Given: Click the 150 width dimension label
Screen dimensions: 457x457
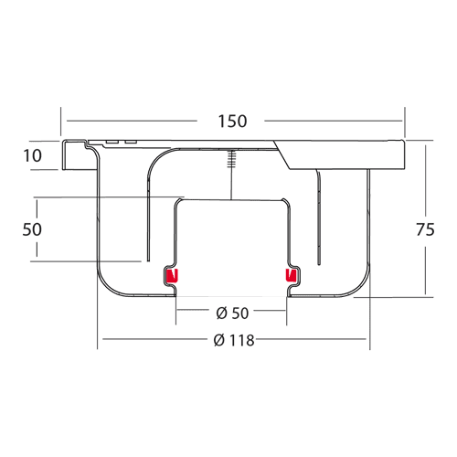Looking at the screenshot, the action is [232, 122].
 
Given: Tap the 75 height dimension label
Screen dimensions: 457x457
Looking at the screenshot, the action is [425, 229].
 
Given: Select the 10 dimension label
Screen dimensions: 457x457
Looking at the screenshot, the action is [32, 155].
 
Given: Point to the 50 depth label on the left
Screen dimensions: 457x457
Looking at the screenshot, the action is [32, 229].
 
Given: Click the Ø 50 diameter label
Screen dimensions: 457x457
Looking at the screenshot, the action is [232, 313].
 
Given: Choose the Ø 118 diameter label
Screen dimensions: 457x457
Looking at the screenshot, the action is [234, 340].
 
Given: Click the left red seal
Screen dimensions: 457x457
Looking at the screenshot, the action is [172, 276].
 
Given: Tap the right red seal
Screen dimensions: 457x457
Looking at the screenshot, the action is [291, 275].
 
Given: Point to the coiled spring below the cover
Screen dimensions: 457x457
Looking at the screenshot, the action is [232, 159].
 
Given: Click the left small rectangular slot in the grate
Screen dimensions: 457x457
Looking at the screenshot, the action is [112, 143].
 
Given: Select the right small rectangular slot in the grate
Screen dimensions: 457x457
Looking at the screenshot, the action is [131, 143].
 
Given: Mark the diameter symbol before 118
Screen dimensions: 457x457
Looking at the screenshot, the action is [219, 340].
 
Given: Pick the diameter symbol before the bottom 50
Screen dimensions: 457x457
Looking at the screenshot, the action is [222, 313].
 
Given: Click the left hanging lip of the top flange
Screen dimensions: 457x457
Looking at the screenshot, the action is [64, 155].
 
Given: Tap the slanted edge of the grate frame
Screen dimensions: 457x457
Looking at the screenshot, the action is [282, 154].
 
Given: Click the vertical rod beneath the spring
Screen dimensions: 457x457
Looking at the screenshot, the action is [231, 184].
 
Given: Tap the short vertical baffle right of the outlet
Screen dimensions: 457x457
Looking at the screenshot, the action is [318, 218].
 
